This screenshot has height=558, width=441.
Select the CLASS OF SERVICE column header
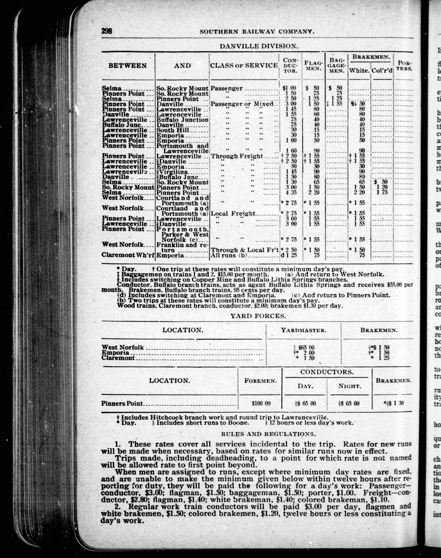coord(244,65)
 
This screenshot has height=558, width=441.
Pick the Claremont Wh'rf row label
coord(128,255)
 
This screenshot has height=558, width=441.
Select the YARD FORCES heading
coord(258,316)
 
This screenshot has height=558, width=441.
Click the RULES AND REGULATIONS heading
coord(268,434)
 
